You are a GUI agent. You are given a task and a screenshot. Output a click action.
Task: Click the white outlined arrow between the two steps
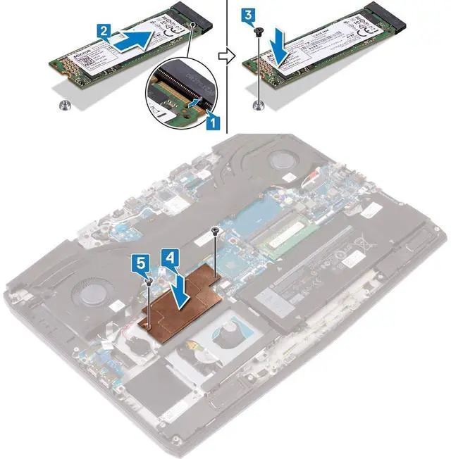(224, 56)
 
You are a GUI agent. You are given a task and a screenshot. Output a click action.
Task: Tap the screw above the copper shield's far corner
(216, 230)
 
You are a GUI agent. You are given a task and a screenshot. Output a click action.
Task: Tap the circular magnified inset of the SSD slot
(177, 99)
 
